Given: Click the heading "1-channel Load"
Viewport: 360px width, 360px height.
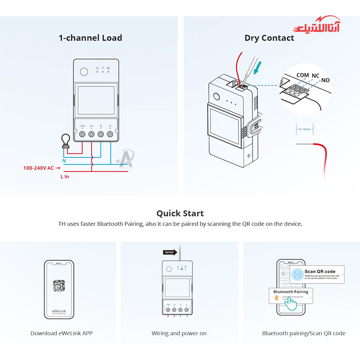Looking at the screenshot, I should [90, 38].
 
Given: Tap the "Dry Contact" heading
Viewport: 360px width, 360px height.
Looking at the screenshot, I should [269, 38].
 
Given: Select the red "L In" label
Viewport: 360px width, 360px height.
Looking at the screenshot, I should [65, 176].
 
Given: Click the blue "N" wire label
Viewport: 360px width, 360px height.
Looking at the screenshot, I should [64, 160].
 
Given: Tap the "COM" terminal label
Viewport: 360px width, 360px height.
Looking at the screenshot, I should [302, 75].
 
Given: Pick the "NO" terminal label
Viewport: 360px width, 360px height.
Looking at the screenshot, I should [326, 80].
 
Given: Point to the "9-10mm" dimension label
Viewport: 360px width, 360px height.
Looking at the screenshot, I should [305, 129].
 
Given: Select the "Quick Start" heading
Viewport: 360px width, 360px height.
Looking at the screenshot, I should [180, 213].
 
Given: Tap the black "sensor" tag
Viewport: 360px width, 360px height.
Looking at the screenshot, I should [170, 252].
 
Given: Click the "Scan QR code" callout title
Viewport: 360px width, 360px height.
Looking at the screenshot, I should [320, 271].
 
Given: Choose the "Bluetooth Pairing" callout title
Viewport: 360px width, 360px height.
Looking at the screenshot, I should [291, 292].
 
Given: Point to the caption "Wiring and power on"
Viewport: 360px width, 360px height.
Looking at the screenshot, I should [179, 333].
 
